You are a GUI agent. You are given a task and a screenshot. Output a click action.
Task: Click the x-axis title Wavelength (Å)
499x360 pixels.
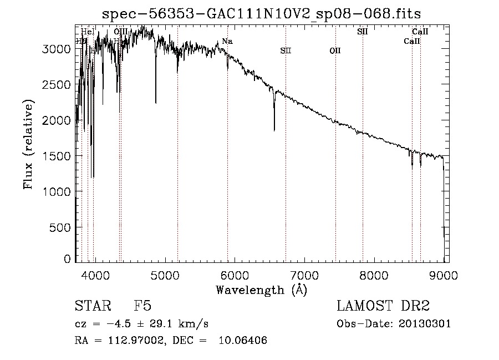(261, 289)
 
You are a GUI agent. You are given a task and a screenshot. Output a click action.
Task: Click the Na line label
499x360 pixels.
(227, 42)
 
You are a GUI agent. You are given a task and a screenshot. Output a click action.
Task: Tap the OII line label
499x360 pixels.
(335, 51)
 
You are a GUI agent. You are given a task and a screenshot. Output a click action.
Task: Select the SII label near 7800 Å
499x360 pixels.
(362, 32)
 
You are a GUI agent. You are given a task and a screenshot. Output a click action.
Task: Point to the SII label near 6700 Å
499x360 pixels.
(286, 51)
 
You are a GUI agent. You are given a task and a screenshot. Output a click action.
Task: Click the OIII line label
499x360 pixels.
(120, 32)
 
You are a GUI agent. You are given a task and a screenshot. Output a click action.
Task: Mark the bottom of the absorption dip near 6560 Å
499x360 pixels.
(274, 130)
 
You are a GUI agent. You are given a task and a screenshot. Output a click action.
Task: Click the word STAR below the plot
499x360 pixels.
(92, 306)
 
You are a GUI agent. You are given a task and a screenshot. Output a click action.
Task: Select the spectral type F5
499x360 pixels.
(142, 306)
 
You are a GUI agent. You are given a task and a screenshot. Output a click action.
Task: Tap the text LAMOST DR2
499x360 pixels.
(383, 306)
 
